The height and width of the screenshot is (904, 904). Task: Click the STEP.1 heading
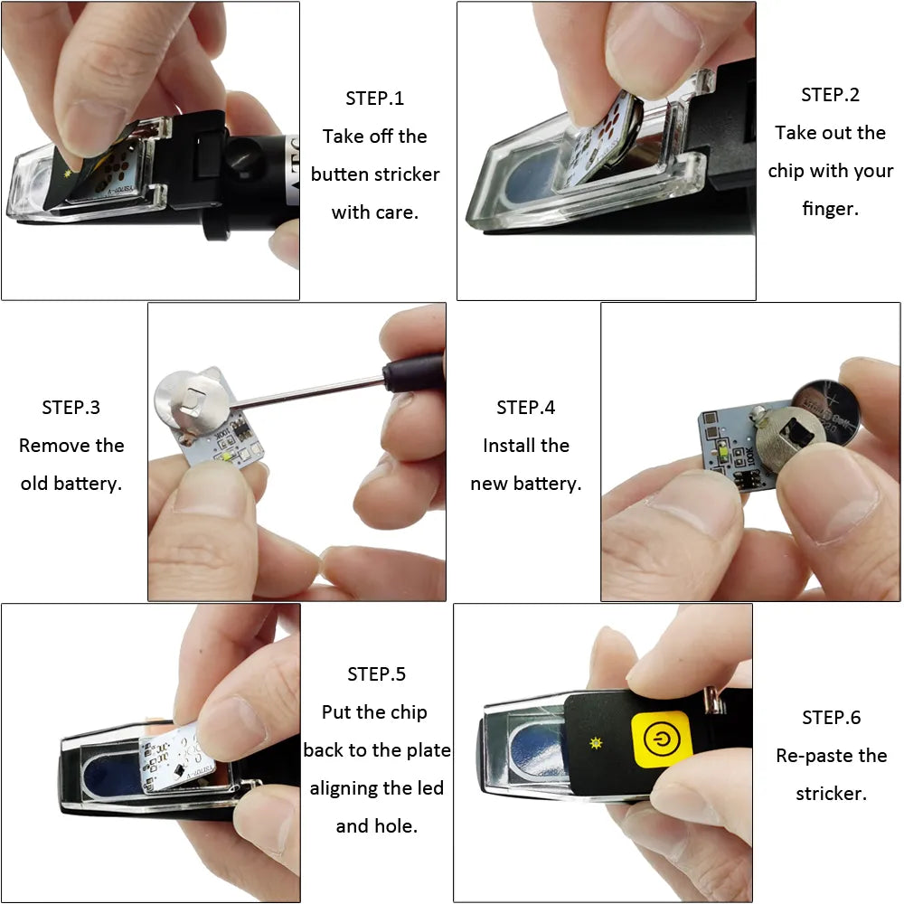coord(374,99)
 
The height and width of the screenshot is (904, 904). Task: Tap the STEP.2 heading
coord(830,95)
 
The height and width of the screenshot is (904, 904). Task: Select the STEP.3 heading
coord(71,408)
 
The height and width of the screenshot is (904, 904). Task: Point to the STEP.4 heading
coord(525,408)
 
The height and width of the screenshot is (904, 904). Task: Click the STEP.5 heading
coord(376,674)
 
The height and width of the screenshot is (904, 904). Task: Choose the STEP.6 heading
coord(831,718)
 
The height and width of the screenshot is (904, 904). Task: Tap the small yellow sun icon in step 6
coord(595,741)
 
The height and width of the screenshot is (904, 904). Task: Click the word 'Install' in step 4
coord(506,446)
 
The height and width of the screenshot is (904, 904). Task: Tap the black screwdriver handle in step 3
coord(411,372)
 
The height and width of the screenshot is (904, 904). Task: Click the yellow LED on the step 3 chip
coord(223,458)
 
